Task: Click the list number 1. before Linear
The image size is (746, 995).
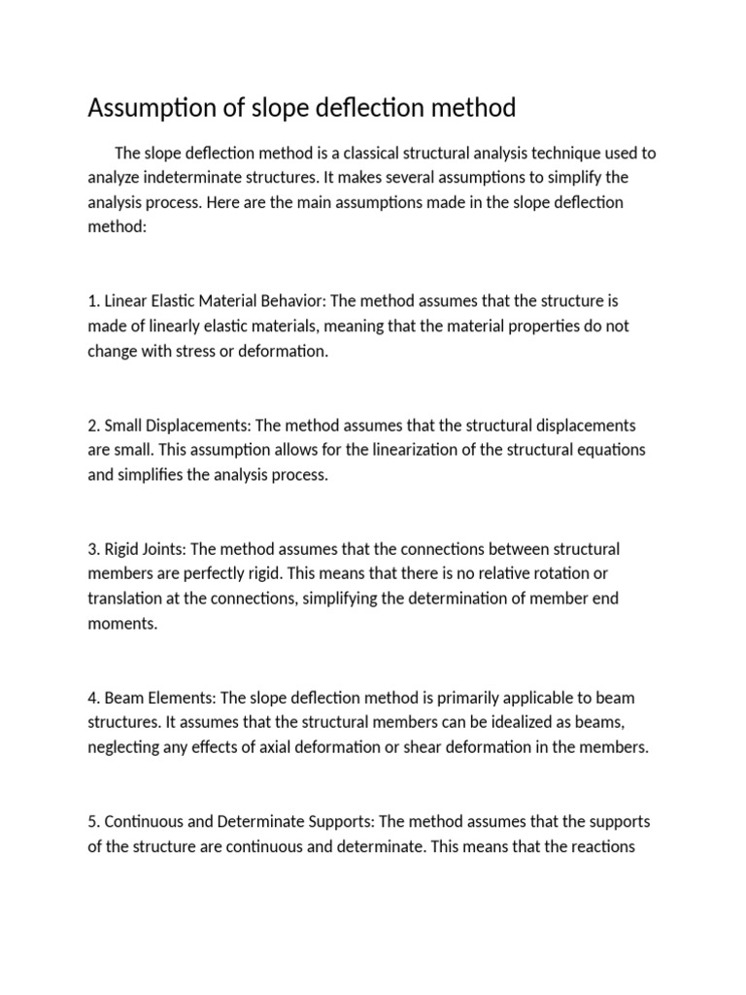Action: (x=93, y=301)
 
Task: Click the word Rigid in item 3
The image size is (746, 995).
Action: (x=122, y=549)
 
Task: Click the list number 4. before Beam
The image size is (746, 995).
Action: (x=93, y=699)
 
